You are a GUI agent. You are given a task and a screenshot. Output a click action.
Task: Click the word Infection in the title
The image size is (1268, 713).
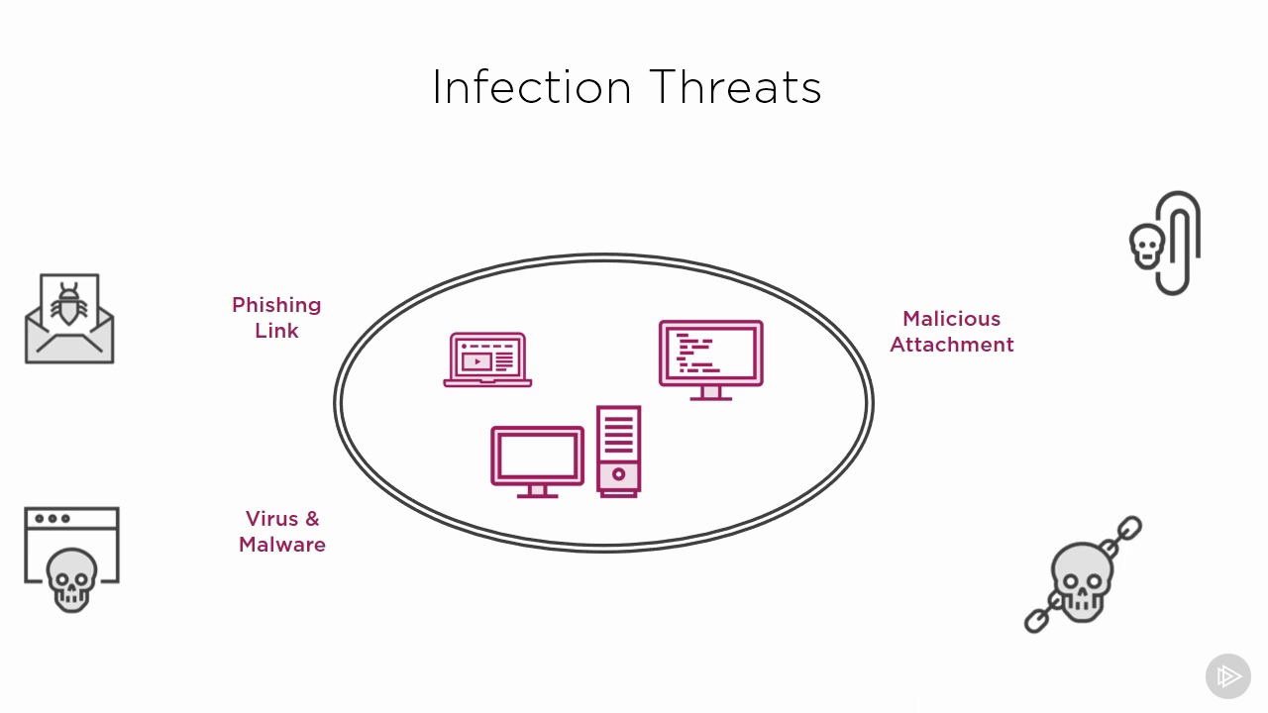coord(532,87)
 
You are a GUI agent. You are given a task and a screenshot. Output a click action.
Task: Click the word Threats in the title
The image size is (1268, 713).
coord(735,87)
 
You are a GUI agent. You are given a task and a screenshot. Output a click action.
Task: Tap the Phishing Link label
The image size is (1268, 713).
coord(276,318)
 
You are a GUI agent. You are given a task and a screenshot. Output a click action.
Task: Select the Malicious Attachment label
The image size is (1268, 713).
coord(952,332)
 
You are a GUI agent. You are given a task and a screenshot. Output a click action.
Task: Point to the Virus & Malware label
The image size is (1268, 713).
coord(282,532)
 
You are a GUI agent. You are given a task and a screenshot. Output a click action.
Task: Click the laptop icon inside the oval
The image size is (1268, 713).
coord(487,359)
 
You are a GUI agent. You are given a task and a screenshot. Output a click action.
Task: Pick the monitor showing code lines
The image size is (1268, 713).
coord(711,360)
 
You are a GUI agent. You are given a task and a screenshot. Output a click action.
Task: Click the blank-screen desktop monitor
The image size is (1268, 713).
coord(537,462)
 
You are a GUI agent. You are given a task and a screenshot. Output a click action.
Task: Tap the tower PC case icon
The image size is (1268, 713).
coord(619,452)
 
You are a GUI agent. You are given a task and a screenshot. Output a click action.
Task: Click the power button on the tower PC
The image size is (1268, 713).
coord(619,474)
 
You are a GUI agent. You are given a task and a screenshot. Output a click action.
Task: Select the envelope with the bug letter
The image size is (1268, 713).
coord(69,319)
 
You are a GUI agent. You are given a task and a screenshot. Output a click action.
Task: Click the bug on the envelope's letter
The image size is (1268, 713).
coord(69,304)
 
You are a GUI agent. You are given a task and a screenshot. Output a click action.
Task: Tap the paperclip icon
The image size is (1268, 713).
coord(1178,243)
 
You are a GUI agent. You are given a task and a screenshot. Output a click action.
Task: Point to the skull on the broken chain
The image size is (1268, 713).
coord(1082,581)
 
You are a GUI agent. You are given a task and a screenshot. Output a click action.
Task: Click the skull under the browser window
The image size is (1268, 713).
coord(71,580)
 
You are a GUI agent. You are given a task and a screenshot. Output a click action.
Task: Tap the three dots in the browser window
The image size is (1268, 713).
coord(53,518)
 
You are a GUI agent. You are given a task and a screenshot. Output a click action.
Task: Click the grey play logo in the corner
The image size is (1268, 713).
coord(1227,676)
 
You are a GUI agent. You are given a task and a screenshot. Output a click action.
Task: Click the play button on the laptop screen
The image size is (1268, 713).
coord(476,361)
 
